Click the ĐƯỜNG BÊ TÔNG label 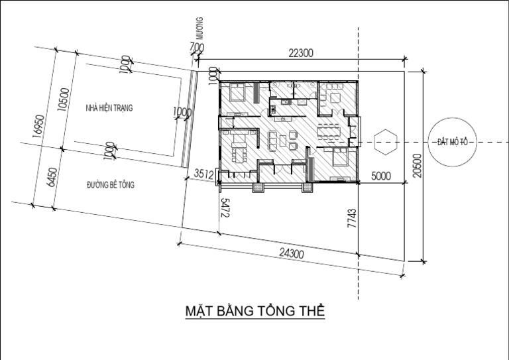pos(110,185)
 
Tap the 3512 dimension pos(203,175)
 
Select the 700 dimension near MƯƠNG pos(196,47)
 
